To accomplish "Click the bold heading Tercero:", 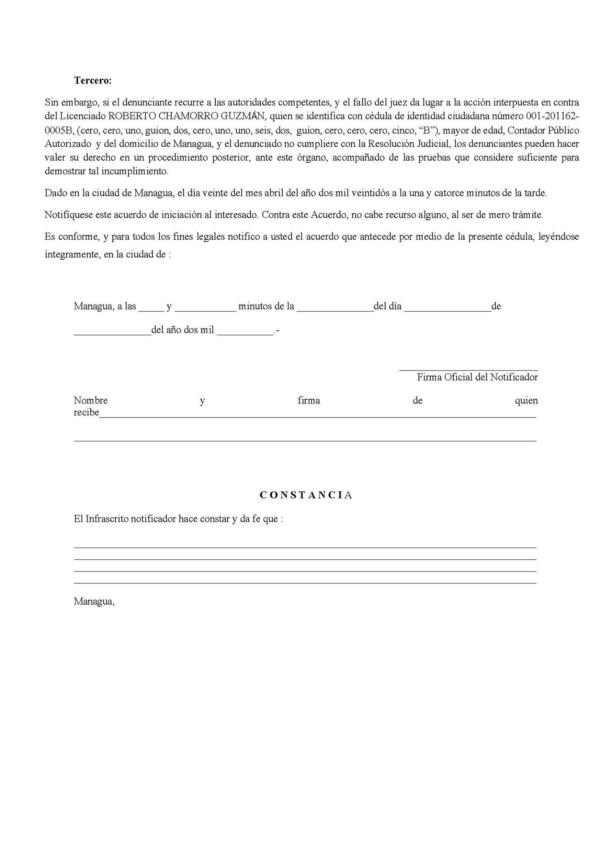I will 93,81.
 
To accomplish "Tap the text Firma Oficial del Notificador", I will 477,377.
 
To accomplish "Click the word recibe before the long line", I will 86,413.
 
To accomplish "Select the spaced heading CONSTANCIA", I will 306,495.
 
